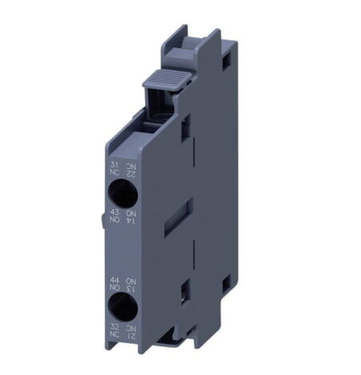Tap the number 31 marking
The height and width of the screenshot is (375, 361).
tap(113, 163)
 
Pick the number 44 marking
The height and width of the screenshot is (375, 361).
tap(113, 280)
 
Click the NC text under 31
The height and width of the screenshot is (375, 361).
tap(113, 171)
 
